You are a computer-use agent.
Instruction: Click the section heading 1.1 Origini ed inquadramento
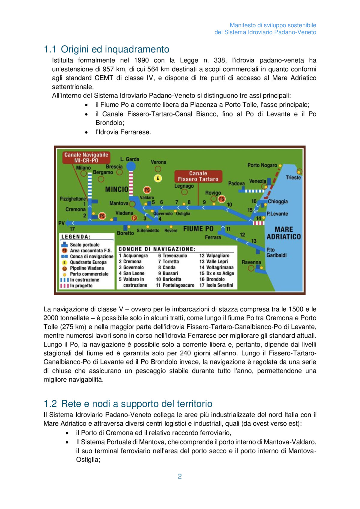tap(106, 49)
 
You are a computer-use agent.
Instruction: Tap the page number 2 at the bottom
tap(180, 476)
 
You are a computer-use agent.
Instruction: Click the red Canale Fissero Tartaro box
tap(198, 176)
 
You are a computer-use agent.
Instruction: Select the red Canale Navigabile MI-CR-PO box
tap(86, 157)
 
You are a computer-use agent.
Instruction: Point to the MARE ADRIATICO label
tap(283, 233)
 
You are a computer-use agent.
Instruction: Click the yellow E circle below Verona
tap(158, 178)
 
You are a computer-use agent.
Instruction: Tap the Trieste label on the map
tap(293, 178)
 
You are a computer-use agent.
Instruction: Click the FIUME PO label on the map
tap(198, 229)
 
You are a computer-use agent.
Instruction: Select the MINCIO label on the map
tap(117, 189)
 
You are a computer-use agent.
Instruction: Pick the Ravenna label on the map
tap(251, 262)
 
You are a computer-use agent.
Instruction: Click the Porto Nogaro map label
tap(262, 165)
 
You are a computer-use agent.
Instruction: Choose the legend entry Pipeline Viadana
tap(87, 268)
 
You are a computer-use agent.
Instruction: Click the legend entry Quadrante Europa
tap(88, 262)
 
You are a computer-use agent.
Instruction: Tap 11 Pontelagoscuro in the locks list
tap(175, 285)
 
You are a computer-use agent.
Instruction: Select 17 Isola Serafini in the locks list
tap(216, 285)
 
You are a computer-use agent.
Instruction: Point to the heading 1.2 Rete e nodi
tap(128, 404)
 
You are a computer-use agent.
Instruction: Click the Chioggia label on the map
tap(277, 202)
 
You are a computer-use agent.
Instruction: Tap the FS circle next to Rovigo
tap(222, 199)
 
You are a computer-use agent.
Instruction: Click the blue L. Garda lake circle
tap(131, 166)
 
